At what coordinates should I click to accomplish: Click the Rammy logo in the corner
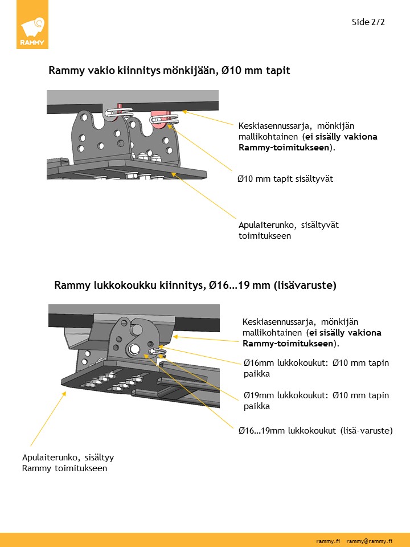(x=32, y=31)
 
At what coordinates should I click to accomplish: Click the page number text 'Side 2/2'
(x=368, y=22)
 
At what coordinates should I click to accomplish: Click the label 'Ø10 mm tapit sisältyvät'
(x=285, y=178)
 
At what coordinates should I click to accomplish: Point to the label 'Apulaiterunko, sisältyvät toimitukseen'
(x=288, y=230)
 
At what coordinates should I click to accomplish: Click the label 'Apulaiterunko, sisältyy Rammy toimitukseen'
(x=64, y=463)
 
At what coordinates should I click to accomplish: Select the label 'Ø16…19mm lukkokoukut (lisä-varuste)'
(x=315, y=430)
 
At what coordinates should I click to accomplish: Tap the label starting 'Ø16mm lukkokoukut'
(x=316, y=368)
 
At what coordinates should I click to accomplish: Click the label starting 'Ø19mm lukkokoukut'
(x=316, y=401)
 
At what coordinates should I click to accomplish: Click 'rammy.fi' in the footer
(x=328, y=540)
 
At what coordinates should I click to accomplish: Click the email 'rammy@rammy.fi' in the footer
(x=370, y=540)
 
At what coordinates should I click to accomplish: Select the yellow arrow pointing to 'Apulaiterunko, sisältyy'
(x=46, y=419)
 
